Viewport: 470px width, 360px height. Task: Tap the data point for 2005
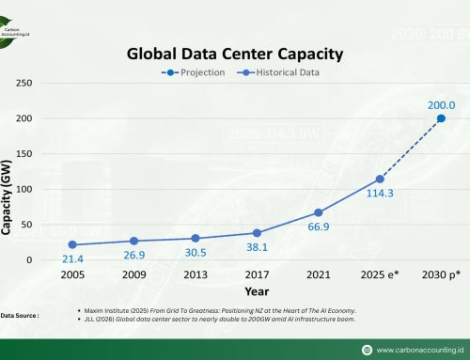click(72, 244)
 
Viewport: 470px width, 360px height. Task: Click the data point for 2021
click(318, 212)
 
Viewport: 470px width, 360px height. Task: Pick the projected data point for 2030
click(441, 118)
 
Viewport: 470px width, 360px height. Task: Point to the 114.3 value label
click(381, 195)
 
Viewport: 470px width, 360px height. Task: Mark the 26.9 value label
click(134, 256)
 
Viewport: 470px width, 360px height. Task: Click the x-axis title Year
click(257, 292)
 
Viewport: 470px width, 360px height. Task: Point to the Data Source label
click(21, 316)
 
